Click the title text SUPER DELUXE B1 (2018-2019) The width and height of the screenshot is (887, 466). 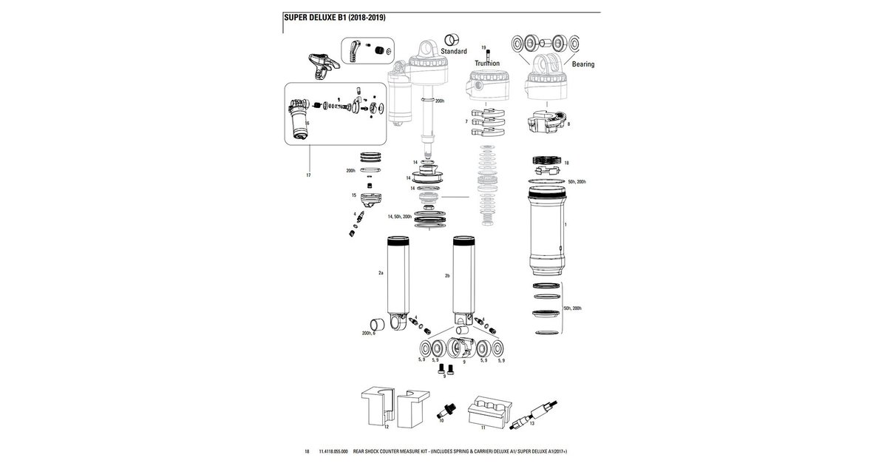coord(334,17)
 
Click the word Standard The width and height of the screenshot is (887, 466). coord(453,52)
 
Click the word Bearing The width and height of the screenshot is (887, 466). coord(582,64)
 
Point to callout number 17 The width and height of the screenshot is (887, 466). coord(307,175)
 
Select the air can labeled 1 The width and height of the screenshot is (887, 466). coord(546,229)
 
